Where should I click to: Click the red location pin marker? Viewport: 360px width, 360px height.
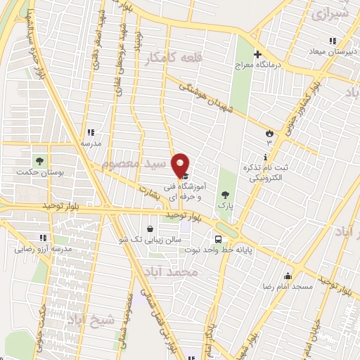point(181,166)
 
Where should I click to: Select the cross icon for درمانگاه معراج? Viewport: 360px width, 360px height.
point(258,54)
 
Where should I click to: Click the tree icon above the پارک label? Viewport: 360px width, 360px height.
point(225,194)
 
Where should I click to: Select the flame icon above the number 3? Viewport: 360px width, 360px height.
point(269,133)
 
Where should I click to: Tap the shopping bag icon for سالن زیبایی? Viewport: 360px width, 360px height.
point(150,229)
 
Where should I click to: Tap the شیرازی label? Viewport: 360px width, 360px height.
point(330,13)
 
